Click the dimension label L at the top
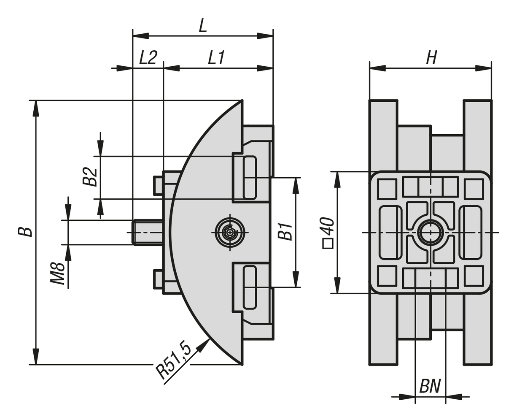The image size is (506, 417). tap(203, 26)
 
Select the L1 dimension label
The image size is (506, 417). tap(216, 58)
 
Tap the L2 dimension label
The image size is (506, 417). tap(148, 58)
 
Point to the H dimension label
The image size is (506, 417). tap(431, 58)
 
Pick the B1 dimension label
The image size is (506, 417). tap(285, 232)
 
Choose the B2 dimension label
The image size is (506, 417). tap(90, 177)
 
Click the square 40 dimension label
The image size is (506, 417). tap(328, 233)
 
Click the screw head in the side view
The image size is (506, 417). tap(230, 233)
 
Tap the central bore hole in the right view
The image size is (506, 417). tap(431, 233)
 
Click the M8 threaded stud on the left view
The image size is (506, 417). tap(148, 233)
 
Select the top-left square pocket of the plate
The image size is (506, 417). tap(387, 189)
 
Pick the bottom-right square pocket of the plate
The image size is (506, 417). tap(474, 276)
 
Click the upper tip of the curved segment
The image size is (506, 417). tap(242, 100)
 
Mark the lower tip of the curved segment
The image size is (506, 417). tap(242, 364)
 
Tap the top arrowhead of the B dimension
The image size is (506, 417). tap(36, 108)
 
